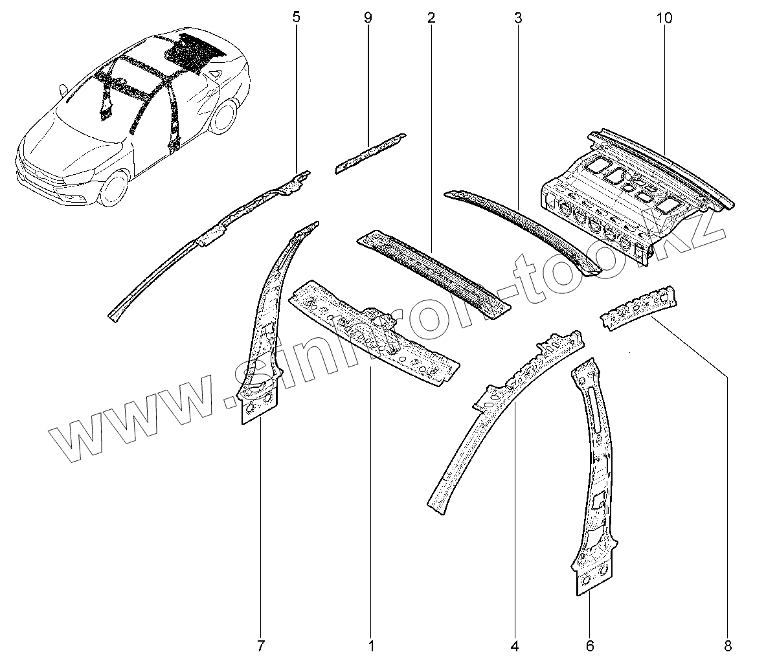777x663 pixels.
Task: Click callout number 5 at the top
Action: pos(297,17)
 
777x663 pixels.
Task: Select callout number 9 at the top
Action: pos(368,17)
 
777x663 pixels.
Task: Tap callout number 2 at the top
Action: pos(431,17)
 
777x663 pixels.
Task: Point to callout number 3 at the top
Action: pos(517,17)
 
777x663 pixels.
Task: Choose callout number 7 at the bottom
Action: pos(260,646)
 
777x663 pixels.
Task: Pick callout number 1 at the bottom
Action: pos(371,646)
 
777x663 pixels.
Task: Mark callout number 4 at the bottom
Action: pos(515,646)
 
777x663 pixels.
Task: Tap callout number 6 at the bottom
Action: pos(590,646)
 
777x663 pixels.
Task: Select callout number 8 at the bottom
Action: pos(728,646)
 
